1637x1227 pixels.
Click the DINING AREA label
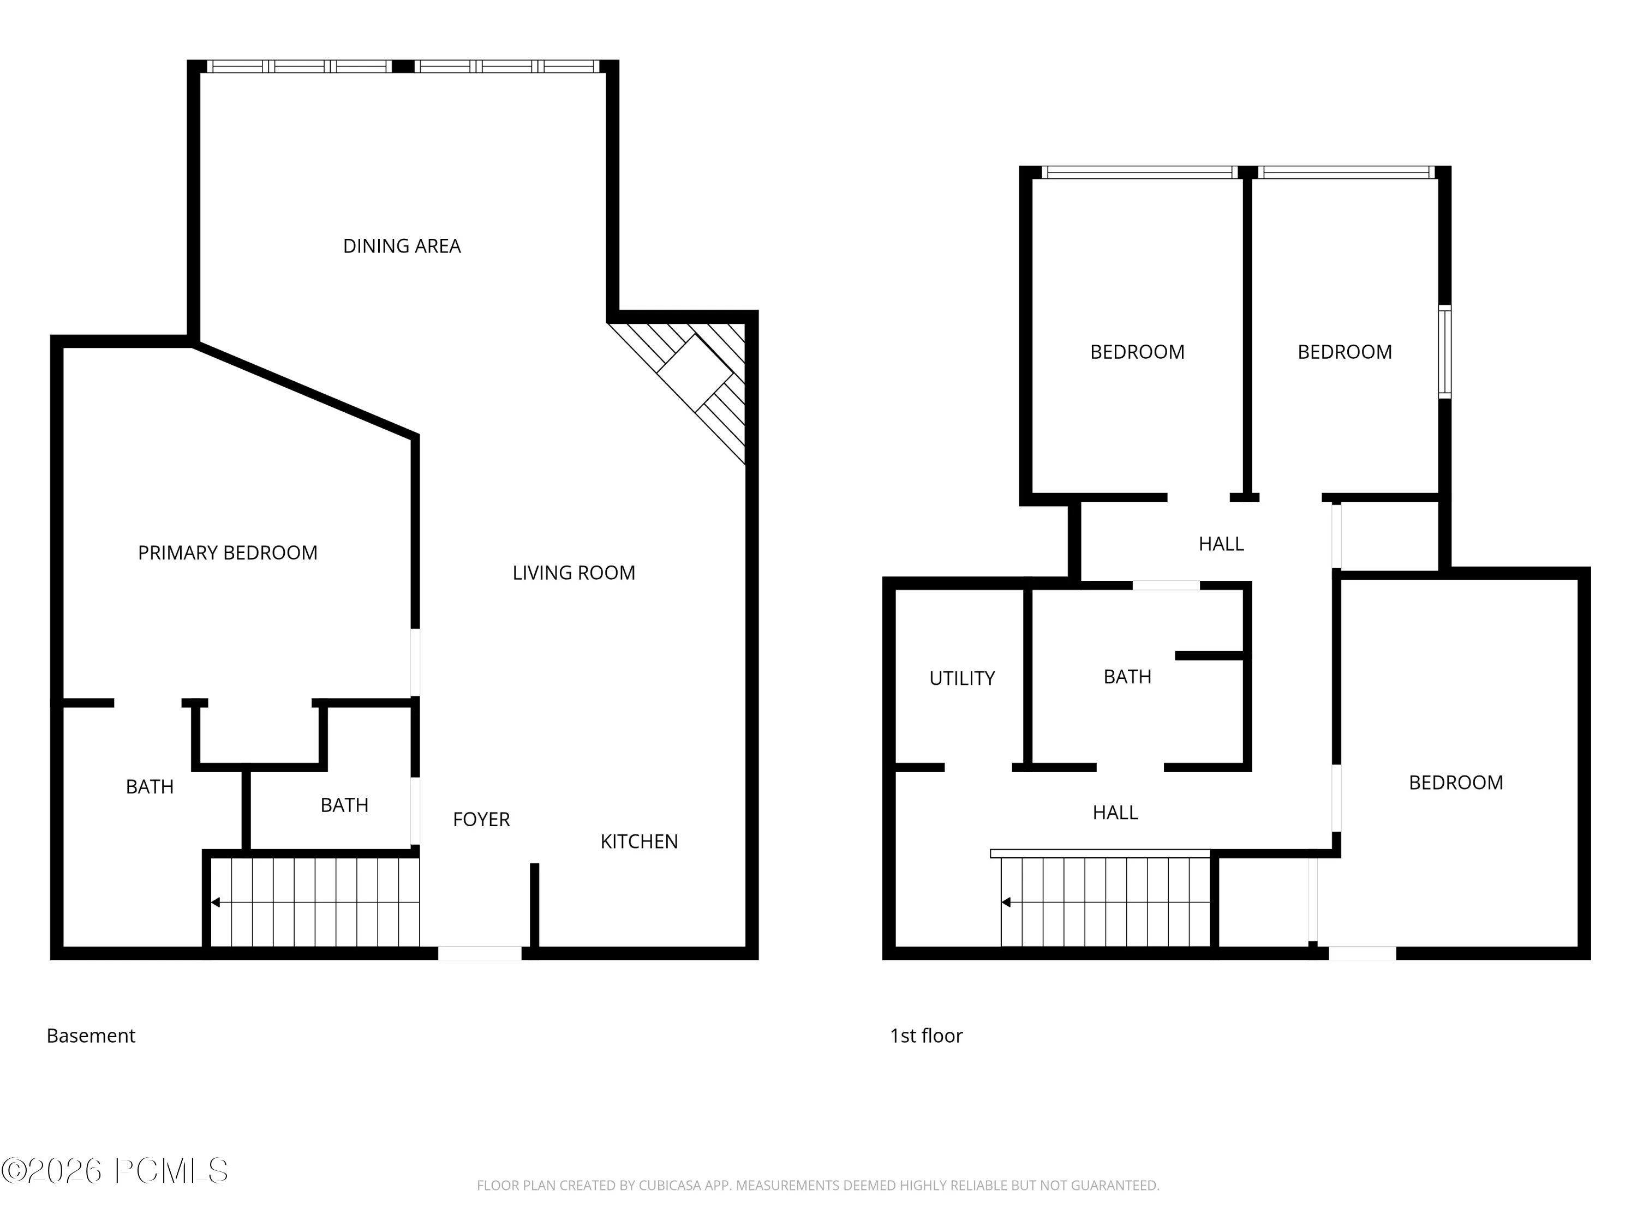[x=402, y=246]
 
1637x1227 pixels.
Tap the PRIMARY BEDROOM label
[x=228, y=553]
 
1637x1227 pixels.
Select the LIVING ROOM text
[x=574, y=573]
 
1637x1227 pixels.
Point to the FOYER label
[x=482, y=820]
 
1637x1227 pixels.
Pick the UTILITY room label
[x=962, y=678]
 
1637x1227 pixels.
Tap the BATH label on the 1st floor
[x=1128, y=677]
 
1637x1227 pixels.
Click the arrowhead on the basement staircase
[x=216, y=903]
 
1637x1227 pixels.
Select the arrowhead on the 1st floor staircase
[x=1006, y=903]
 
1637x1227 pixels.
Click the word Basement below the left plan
[x=91, y=1036]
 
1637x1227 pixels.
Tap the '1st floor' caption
[x=927, y=1036]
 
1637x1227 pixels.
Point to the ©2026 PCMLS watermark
[x=115, y=1171]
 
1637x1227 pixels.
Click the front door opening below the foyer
[x=480, y=953]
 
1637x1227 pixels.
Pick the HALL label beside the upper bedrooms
[x=1221, y=544]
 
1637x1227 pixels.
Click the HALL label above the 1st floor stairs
[x=1115, y=813]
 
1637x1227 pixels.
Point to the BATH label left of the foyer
[x=345, y=805]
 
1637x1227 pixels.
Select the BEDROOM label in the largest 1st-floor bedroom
[x=1456, y=783]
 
